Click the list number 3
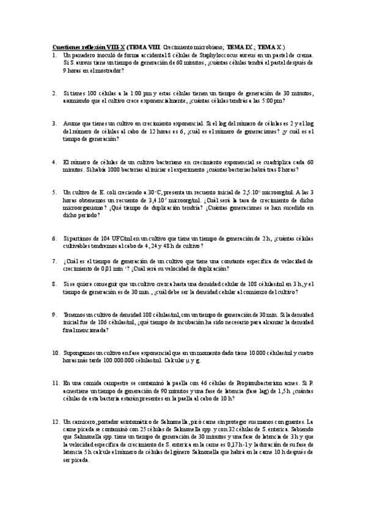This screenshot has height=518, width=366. pyautogui.click(x=54, y=123)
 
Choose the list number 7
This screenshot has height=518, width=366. pyautogui.click(x=54, y=261)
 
